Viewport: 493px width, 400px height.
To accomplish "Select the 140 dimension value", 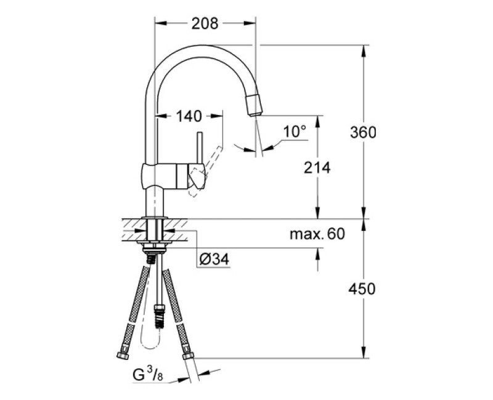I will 189,115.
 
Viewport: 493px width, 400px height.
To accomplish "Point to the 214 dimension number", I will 317,167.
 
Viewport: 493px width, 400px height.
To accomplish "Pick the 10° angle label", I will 295,130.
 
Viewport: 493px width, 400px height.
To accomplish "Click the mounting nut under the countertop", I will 156,249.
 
